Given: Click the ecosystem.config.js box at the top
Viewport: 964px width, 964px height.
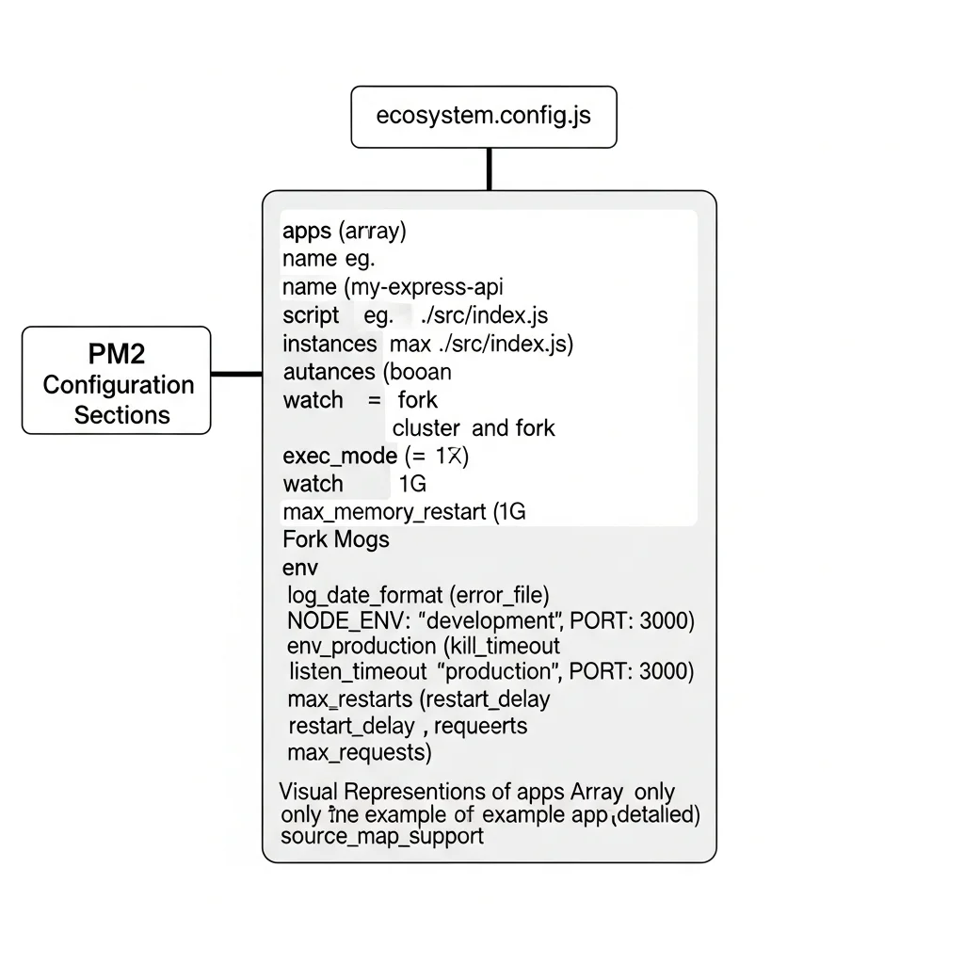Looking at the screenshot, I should click(484, 117).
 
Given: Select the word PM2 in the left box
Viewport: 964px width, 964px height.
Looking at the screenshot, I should click(116, 354).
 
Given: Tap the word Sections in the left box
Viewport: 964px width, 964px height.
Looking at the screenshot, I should click(121, 415).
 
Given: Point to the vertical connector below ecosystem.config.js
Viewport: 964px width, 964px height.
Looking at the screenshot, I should click(489, 169).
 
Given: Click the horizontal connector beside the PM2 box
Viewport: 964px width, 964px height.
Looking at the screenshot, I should click(235, 374).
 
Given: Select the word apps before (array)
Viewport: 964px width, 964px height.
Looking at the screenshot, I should click(307, 231).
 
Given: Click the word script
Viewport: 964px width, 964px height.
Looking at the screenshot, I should click(310, 314).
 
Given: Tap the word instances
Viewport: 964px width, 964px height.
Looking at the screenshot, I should click(329, 343).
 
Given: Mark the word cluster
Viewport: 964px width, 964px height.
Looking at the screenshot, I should click(426, 428).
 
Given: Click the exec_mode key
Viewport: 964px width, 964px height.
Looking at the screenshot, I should click(339, 457).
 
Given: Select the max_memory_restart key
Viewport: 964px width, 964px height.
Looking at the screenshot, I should click(385, 512).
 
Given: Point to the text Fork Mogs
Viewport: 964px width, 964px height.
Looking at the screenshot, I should click(335, 540).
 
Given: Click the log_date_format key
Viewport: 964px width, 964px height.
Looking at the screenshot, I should click(365, 594).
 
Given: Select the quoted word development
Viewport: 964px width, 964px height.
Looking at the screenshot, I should click(490, 620).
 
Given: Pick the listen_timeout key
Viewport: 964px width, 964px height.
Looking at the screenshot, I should click(358, 672).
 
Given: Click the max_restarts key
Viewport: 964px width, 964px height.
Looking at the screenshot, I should click(349, 699).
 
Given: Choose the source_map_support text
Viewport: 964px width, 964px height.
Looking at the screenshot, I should click(381, 836).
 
